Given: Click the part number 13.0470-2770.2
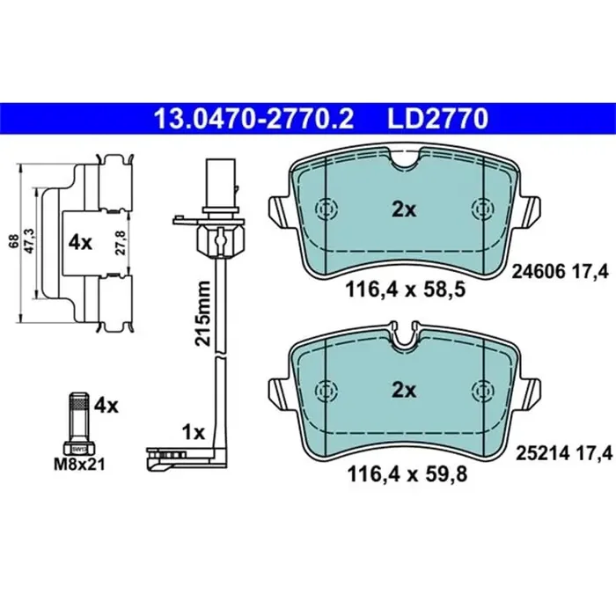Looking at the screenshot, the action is (253, 119).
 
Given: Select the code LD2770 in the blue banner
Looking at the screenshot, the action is (437, 119).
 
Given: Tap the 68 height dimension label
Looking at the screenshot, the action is (15, 241).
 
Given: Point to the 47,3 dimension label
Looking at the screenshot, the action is (30, 241).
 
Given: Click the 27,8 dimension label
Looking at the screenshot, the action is (121, 243).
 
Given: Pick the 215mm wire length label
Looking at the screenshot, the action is (203, 313).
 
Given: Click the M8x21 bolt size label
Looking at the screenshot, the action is (79, 465).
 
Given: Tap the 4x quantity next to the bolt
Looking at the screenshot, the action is (106, 406).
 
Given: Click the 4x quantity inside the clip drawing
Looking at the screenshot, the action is (80, 243).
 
